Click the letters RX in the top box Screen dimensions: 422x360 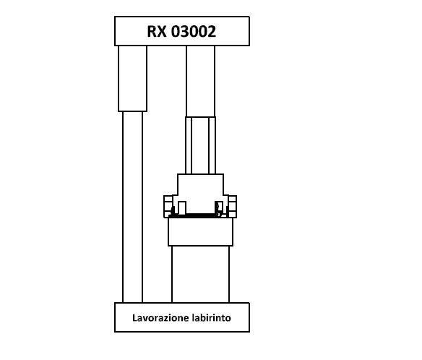[x=157, y=31]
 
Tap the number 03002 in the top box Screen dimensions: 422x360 [x=194, y=31]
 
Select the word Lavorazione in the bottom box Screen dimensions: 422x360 [x=160, y=318]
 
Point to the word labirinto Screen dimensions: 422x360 [x=212, y=318]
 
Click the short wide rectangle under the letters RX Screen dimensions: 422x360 [x=133, y=79]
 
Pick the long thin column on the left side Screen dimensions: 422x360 [x=133, y=207]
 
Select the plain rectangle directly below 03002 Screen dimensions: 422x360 [x=200, y=81]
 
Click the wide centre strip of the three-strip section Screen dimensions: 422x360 [x=200, y=145]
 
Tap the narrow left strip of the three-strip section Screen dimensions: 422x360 [x=189, y=145]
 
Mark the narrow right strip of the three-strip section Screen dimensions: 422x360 [x=212, y=145]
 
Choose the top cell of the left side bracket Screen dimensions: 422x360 [x=168, y=200]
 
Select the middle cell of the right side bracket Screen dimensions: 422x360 [x=232, y=207]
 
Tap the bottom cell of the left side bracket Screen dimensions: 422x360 [x=168, y=214]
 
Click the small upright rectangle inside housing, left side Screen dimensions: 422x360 [x=182, y=208]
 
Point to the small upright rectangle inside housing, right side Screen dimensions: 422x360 [x=219, y=208]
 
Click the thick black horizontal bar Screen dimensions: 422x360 [x=200, y=216]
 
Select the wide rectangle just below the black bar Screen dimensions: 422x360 [x=200, y=232]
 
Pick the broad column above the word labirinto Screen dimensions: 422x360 [x=200, y=275]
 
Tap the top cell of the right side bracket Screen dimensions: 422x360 [x=233, y=200]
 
